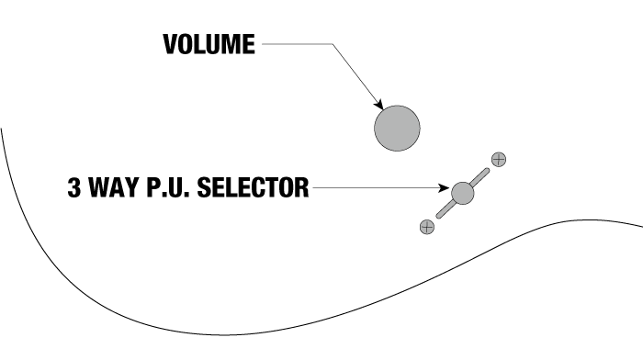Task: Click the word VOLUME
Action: tap(209, 44)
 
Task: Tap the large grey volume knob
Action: tap(397, 129)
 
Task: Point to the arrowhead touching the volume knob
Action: tap(378, 104)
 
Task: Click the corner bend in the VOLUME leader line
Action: tap(333, 44)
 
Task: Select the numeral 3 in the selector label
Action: tap(74, 187)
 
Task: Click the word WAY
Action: tap(114, 187)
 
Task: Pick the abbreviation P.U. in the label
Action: tap(168, 187)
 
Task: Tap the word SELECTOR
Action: tap(253, 187)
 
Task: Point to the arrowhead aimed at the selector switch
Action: tap(444, 187)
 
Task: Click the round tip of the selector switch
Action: tap(463, 193)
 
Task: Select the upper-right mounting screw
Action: tap(499, 160)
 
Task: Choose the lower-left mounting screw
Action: tap(427, 227)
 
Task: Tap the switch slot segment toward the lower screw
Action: tap(445, 209)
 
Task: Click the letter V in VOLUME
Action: tap(170, 44)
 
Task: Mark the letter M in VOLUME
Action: tap(231, 44)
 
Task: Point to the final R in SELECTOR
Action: tap(301, 187)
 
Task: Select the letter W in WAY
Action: tap(99, 187)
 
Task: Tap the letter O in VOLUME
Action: tap(186, 44)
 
